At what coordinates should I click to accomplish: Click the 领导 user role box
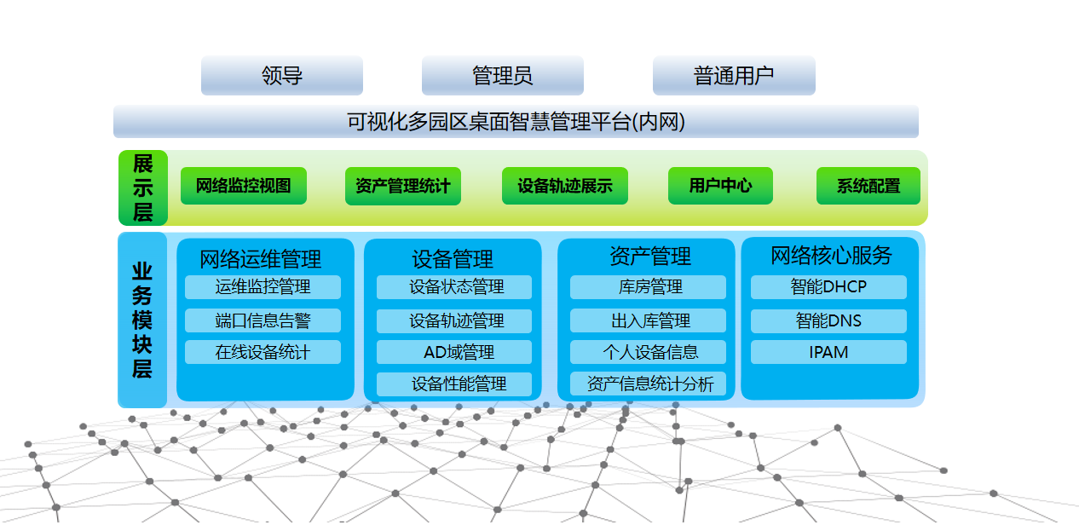click(282, 75)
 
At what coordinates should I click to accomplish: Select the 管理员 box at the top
click(502, 75)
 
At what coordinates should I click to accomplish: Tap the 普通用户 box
click(734, 75)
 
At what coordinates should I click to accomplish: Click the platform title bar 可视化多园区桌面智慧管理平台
click(516, 121)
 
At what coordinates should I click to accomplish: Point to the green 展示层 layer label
click(143, 187)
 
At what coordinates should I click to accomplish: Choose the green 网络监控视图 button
click(243, 186)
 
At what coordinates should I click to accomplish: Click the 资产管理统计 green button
click(402, 186)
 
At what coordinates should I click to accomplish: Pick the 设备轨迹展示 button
click(564, 186)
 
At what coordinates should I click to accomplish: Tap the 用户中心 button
click(720, 186)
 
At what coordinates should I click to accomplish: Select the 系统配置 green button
click(868, 186)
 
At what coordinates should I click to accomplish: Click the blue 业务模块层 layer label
click(142, 320)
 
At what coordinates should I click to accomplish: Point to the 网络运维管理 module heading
click(261, 259)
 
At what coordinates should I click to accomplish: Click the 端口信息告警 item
click(263, 320)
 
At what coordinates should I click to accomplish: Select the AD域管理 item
click(454, 352)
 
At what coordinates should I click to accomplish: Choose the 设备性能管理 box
click(454, 384)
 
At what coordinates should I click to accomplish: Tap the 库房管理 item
click(648, 287)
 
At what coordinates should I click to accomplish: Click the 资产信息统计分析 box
click(648, 384)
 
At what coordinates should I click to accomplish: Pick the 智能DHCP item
click(828, 287)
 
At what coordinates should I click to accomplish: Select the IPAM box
click(828, 352)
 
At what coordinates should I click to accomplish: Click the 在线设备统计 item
click(263, 352)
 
